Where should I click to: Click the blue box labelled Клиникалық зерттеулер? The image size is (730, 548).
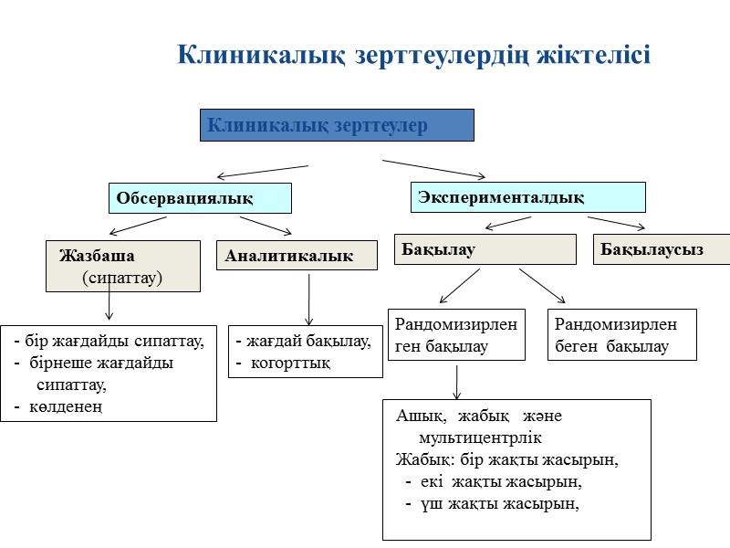click(x=337, y=125)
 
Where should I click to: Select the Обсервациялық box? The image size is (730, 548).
click(x=200, y=198)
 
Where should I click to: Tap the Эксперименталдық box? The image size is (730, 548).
click(x=527, y=197)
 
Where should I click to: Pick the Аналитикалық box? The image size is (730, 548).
click(x=297, y=256)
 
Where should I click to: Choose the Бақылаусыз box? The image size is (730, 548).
click(x=662, y=249)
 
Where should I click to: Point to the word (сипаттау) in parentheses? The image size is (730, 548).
click(x=121, y=276)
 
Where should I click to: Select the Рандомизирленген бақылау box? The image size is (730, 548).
click(x=457, y=334)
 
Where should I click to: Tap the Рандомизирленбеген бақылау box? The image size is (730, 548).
click(x=621, y=334)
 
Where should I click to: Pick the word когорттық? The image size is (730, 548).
click(x=290, y=363)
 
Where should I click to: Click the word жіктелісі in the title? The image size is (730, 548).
click(x=594, y=55)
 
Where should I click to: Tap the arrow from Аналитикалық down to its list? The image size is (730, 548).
click(x=309, y=300)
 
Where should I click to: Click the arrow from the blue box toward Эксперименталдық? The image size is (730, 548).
click(x=434, y=169)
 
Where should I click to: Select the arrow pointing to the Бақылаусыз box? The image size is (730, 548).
click(x=617, y=223)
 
